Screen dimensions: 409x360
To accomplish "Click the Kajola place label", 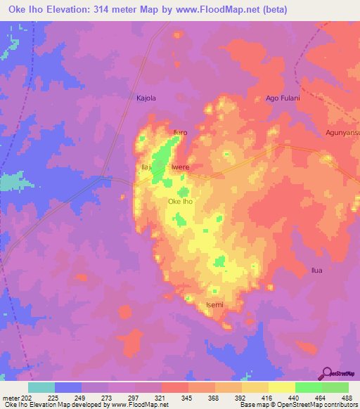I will pos(146,98).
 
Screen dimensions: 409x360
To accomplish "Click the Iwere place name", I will pos(181,167).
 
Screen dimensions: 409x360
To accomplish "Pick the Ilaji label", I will pos(148,167).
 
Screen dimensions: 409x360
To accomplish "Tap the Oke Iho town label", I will pos(180,202).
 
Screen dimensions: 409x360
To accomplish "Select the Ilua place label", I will pos(319,270).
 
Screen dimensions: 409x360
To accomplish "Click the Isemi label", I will pos(214,304).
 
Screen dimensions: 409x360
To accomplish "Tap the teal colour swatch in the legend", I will pos(41,387).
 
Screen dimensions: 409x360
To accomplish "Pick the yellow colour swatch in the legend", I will pos(281,387).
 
